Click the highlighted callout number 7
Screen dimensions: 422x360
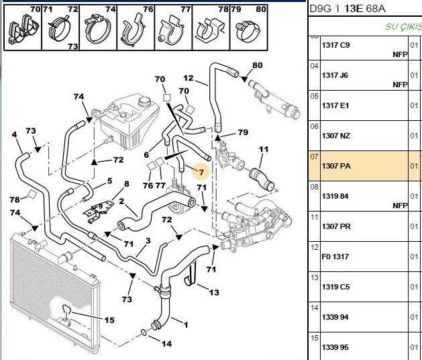click(x=201, y=172)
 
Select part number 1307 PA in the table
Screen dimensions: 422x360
click(x=336, y=166)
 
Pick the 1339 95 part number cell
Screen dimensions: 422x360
click(x=335, y=347)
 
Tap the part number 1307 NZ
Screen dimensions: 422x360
click(x=336, y=136)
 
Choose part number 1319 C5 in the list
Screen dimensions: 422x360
click(x=335, y=287)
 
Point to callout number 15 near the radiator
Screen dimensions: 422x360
click(x=109, y=320)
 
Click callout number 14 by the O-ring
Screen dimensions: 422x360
click(x=166, y=344)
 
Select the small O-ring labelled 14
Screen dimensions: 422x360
click(x=144, y=332)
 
